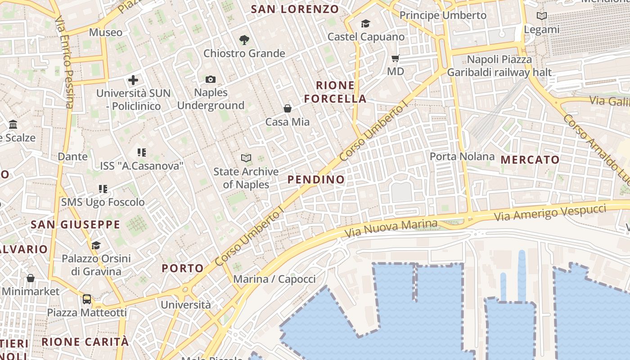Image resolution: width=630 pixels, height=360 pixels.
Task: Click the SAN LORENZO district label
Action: (x=295, y=9)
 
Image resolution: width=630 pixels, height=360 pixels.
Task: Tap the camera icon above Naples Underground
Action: (x=210, y=80)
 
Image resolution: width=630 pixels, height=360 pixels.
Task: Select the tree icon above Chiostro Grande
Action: (x=244, y=40)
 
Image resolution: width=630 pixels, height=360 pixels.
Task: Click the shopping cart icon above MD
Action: (x=396, y=58)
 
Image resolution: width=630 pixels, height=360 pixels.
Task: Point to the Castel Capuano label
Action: (x=366, y=37)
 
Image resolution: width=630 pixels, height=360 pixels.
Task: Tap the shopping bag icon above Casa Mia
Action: (x=288, y=108)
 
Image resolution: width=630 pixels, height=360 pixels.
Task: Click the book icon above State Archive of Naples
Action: (x=246, y=158)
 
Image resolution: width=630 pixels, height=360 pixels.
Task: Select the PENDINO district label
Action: (x=316, y=180)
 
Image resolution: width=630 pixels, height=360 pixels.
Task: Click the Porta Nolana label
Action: (x=462, y=157)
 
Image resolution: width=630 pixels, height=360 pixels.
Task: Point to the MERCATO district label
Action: (x=530, y=160)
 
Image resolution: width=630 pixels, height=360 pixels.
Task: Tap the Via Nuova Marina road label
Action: (x=391, y=229)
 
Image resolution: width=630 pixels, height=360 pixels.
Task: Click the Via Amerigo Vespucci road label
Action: (x=556, y=212)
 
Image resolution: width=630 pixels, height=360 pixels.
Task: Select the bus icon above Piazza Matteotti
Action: (x=87, y=299)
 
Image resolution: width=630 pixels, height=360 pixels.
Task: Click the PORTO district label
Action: (x=183, y=269)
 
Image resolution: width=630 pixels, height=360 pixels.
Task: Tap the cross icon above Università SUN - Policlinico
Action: (x=133, y=81)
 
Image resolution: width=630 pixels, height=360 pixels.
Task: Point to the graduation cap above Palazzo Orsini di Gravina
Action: (x=96, y=245)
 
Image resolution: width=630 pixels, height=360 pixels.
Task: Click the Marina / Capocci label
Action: (x=274, y=279)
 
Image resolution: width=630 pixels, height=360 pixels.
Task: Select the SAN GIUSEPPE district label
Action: (x=76, y=225)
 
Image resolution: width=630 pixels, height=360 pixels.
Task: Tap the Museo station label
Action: (x=106, y=32)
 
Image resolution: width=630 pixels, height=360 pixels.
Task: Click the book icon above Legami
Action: (x=542, y=16)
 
